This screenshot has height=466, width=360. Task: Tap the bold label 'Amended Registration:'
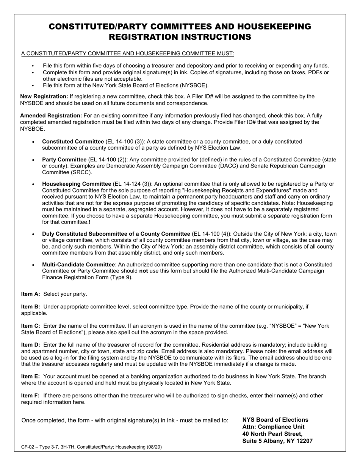(x=51, y=116)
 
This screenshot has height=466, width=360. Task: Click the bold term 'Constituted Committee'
(x=73, y=142)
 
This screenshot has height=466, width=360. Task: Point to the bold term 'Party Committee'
(x=64, y=160)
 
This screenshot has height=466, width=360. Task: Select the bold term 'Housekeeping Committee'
(x=77, y=184)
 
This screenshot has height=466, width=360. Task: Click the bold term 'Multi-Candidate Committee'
(x=78, y=264)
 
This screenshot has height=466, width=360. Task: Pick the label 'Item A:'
(x=31, y=294)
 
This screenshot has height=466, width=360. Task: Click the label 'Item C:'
(x=31, y=326)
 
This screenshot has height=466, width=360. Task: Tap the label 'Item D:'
(x=31, y=345)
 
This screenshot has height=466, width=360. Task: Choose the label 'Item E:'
(x=31, y=377)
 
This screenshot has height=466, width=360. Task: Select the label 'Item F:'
(x=30, y=396)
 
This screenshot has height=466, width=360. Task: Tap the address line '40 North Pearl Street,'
(x=272, y=434)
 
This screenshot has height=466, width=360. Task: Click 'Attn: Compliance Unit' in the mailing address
(x=273, y=427)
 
